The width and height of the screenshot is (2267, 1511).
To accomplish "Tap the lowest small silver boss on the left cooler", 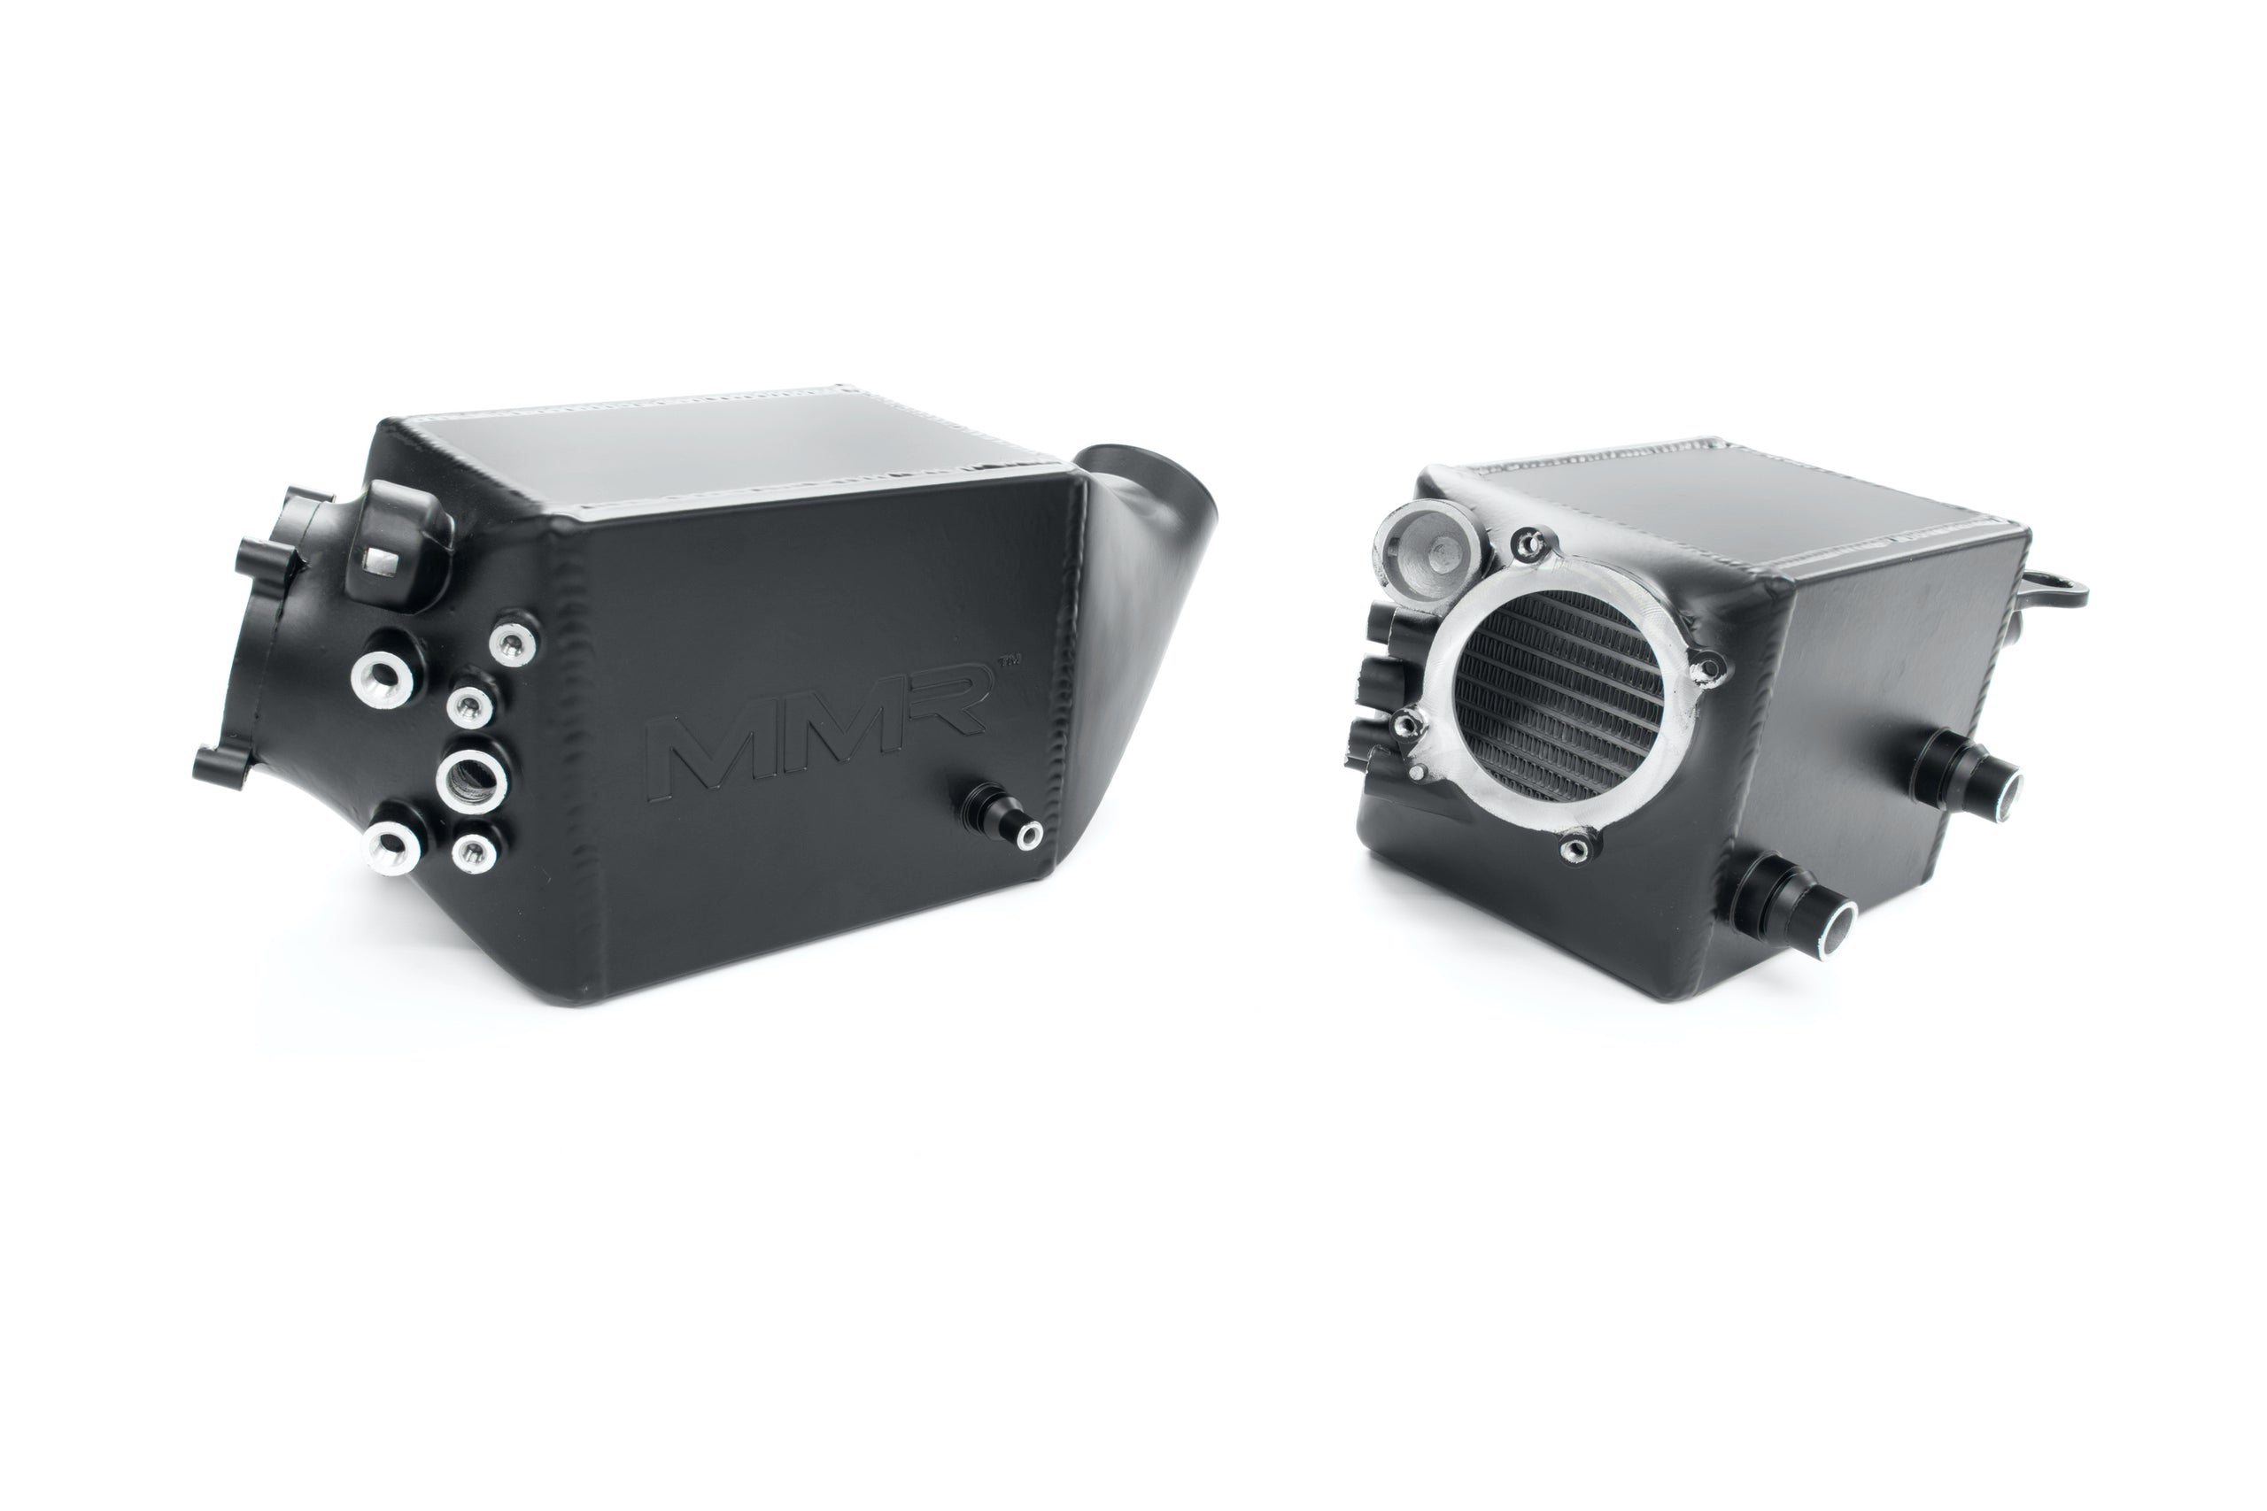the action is pyautogui.click(x=473, y=849).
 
